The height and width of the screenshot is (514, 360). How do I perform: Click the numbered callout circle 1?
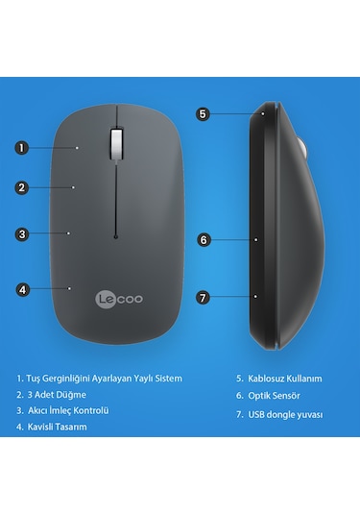click(22, 148)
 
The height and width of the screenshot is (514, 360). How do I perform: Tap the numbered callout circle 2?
click(22, 187)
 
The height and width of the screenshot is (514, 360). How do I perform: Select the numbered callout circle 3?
click(22, 233)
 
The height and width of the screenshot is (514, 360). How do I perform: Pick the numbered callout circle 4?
click(22, 287)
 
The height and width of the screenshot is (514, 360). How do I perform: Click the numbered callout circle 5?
click(203, 113)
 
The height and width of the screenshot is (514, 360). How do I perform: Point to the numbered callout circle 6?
click(203, 239)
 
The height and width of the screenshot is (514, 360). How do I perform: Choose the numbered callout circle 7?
click(203, 297)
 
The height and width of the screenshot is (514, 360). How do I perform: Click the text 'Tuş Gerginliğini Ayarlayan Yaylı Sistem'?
click(106, 379)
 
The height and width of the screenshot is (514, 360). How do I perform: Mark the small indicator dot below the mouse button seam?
click(114, 235)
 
